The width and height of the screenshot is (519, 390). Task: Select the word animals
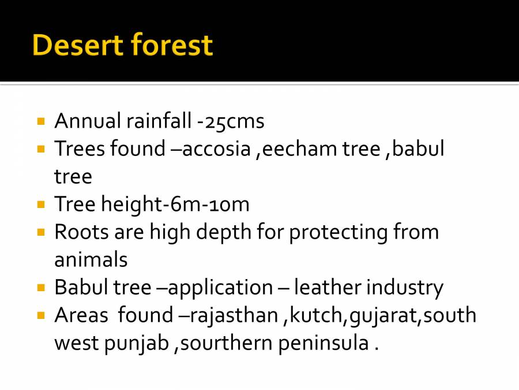91,259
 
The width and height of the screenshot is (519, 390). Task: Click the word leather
327,287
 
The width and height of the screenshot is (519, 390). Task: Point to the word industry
405,287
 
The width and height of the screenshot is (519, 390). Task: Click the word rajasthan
234,315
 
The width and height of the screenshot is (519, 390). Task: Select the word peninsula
323,343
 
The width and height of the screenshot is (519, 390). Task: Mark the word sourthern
225,343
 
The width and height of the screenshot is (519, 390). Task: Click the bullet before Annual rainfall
40,122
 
